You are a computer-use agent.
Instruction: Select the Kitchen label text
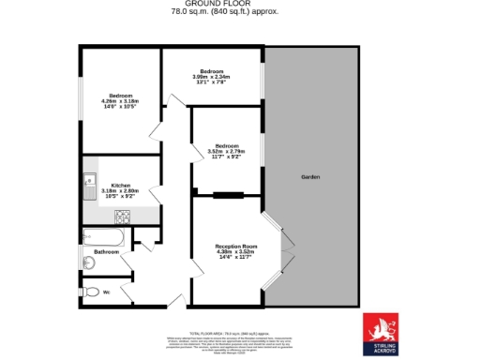click(x=121, y=185)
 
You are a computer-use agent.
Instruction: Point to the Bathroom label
click(x=106, y=252)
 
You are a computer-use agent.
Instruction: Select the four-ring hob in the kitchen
click(x=122, y=217)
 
